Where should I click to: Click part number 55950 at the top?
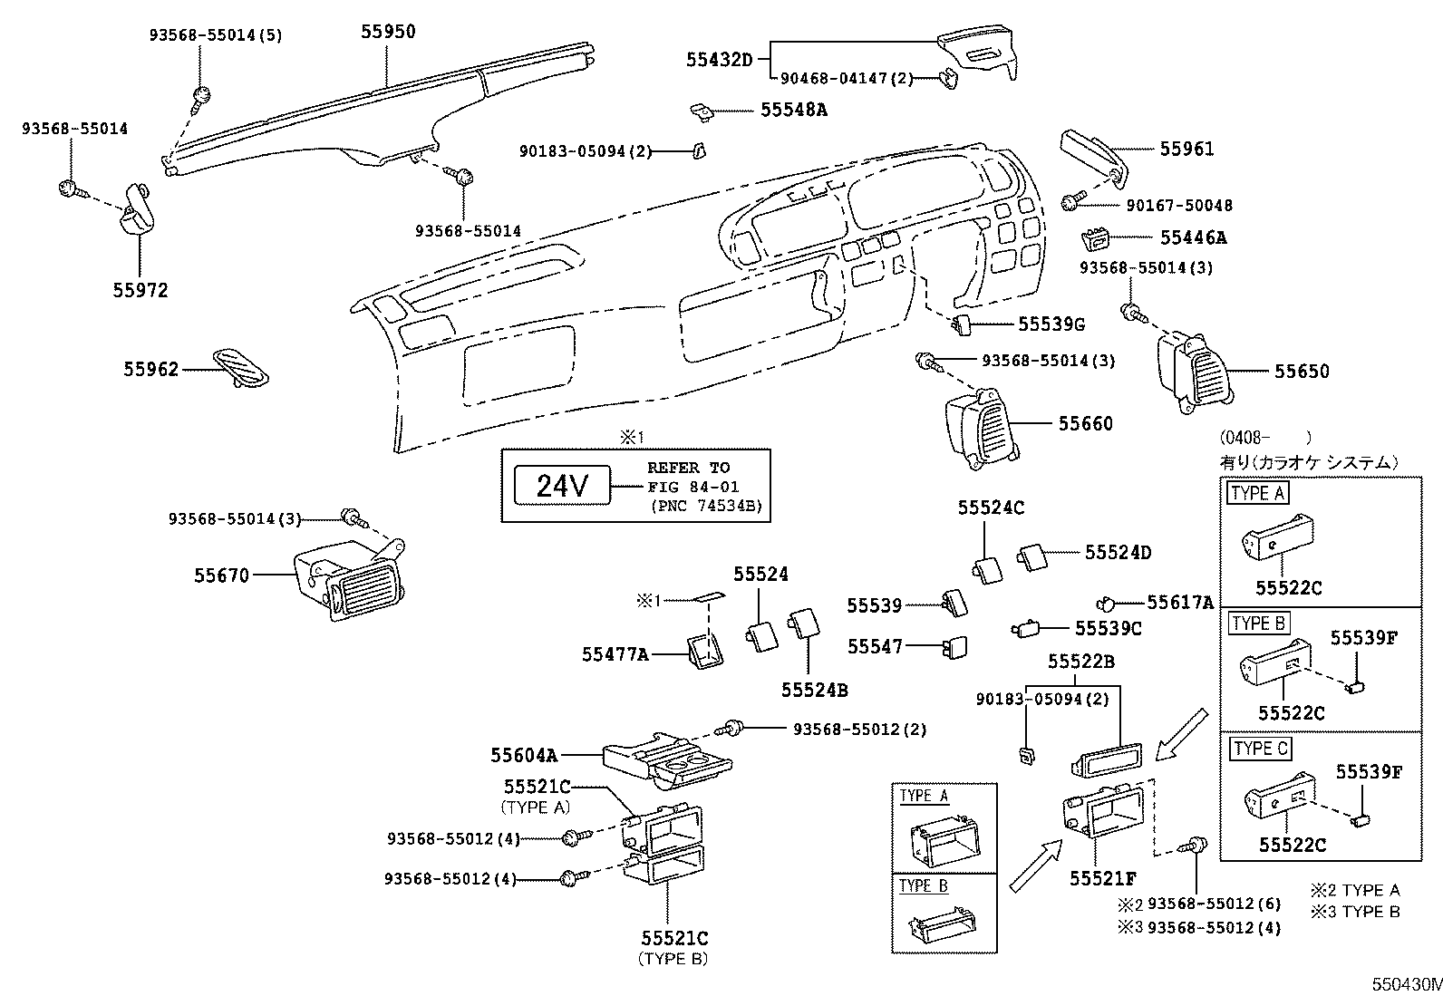(x=388, y=32)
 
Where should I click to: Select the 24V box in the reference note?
(x=563, y=486)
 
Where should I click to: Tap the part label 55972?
(x=140, y=290)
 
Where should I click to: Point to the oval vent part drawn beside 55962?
(x=241, y=367)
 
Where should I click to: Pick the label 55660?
(x=1085, y=423)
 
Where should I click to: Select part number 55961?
(x=1186, y=149)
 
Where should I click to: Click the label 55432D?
(x=719, y=60)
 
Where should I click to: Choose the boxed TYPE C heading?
(x=1260, y=749)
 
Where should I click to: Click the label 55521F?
(x=1103, y=878)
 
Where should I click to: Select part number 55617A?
(x=1179, y=602)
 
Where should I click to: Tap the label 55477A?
(x=615, y=653)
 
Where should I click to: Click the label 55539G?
(x=1051, y=324)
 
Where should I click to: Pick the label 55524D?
(x=1118, y=552)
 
